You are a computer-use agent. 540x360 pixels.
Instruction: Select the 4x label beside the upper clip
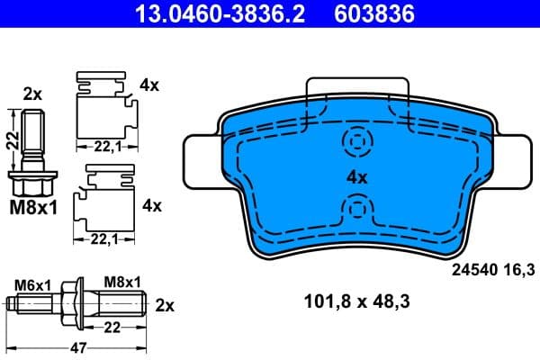[149, 85]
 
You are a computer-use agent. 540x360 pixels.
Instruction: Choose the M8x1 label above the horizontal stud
[122, 283]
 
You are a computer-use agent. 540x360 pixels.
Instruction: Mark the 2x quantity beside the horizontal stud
[165, 304]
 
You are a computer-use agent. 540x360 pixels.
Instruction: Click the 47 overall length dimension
[80, 346]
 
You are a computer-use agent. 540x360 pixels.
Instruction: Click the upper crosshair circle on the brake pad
[357, 142]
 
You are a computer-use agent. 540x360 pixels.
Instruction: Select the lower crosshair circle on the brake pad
[357, 212]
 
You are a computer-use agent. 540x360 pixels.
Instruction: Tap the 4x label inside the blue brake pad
[357, 177]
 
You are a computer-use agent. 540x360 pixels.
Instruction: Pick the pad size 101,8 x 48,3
[357, 303]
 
